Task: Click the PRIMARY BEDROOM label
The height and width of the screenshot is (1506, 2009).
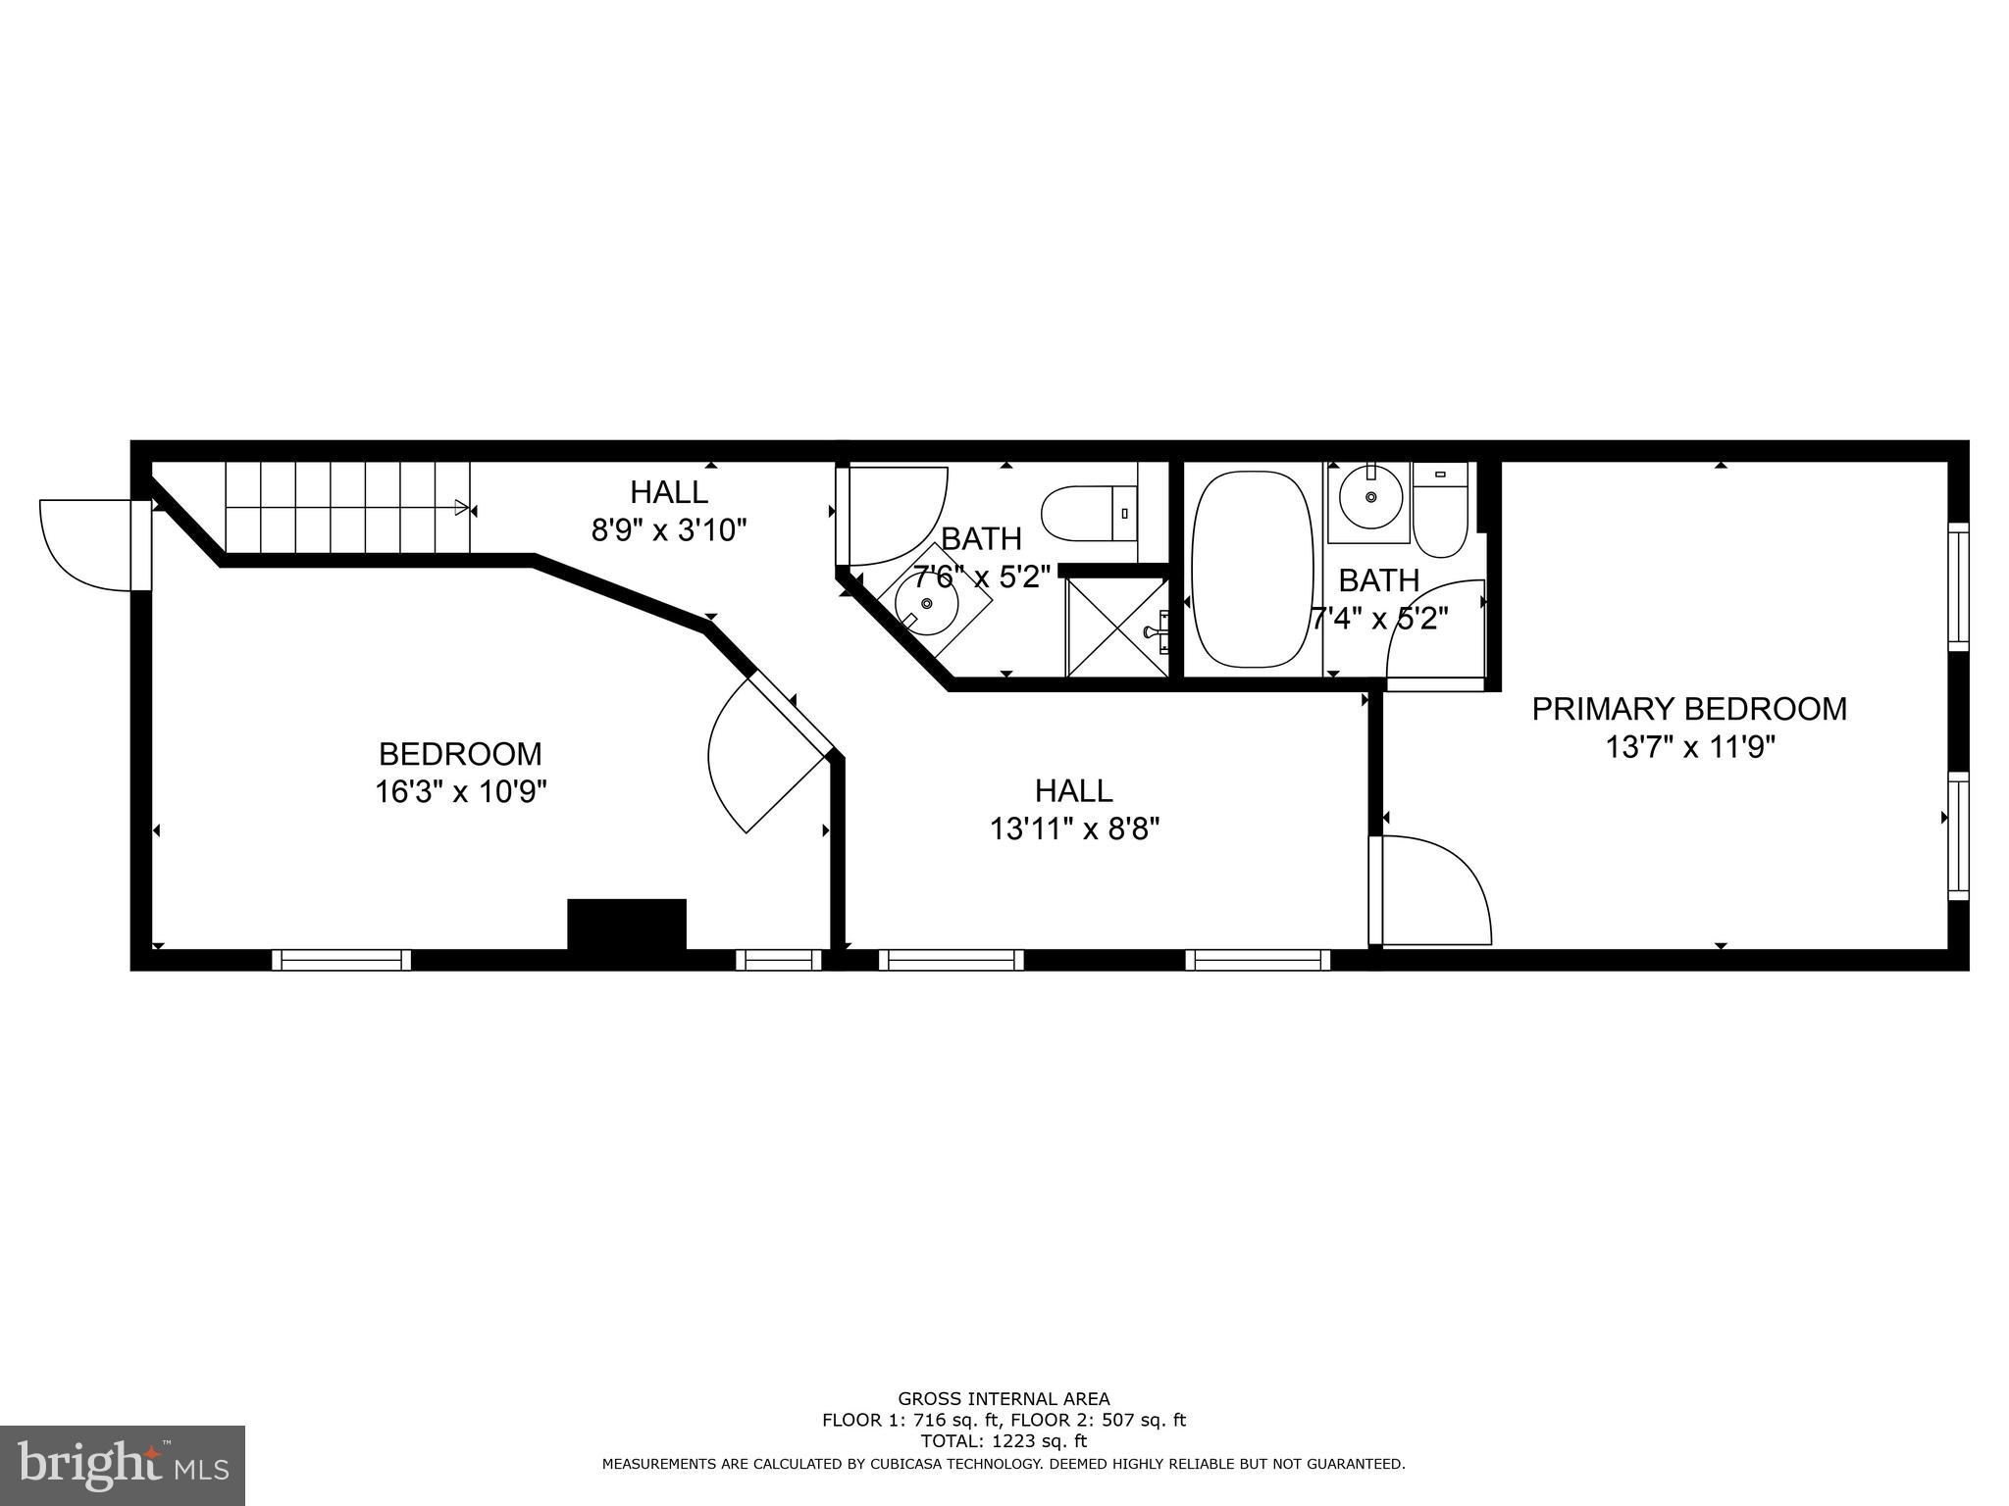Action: point(1689,709)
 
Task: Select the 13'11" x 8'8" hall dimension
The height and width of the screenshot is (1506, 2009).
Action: point(1074,829)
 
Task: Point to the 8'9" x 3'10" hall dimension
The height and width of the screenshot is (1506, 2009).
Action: point(669,530)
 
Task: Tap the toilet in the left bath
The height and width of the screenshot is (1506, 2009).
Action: point(1087,513)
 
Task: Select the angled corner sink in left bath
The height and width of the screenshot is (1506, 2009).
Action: point(927,605)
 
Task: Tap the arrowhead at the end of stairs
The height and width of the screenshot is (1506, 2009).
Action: point(462,507)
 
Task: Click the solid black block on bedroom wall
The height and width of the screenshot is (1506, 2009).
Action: point(627,924)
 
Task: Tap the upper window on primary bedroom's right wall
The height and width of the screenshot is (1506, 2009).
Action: point(1958,586)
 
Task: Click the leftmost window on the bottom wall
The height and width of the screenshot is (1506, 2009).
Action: point(341,960)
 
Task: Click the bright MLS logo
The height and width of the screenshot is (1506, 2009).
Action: point(122,1465)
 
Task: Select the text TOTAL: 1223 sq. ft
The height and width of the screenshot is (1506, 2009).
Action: point(1004,1441)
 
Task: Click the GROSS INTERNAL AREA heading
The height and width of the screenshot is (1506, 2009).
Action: point(1004,1399)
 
